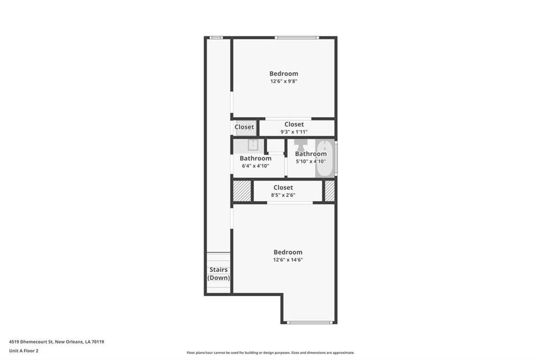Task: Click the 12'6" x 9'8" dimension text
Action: [x=284, y=81]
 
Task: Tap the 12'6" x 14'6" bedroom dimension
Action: [x=288, y=260]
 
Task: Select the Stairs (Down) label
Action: [x=219, y=273]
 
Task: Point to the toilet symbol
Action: [x=301, y=144]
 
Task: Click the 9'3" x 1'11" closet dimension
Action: [x=294, y=132]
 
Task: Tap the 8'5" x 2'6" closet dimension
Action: [x=283, y=195]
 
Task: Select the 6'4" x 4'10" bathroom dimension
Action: [x=255, y=166]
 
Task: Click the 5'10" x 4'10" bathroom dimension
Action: [x=311, y=162]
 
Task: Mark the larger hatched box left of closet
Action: [x=242, y=191]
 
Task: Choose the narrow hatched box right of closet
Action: [x=330, y=191]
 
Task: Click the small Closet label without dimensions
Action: [x=244, y=127]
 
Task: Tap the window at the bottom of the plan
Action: [x=310, y=323]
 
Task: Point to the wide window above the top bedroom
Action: [x=297, y=37]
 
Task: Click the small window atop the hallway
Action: [x=216, y=37]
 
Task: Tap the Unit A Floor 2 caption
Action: [x=23, y=351]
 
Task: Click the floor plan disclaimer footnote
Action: [x=270, y=353]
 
